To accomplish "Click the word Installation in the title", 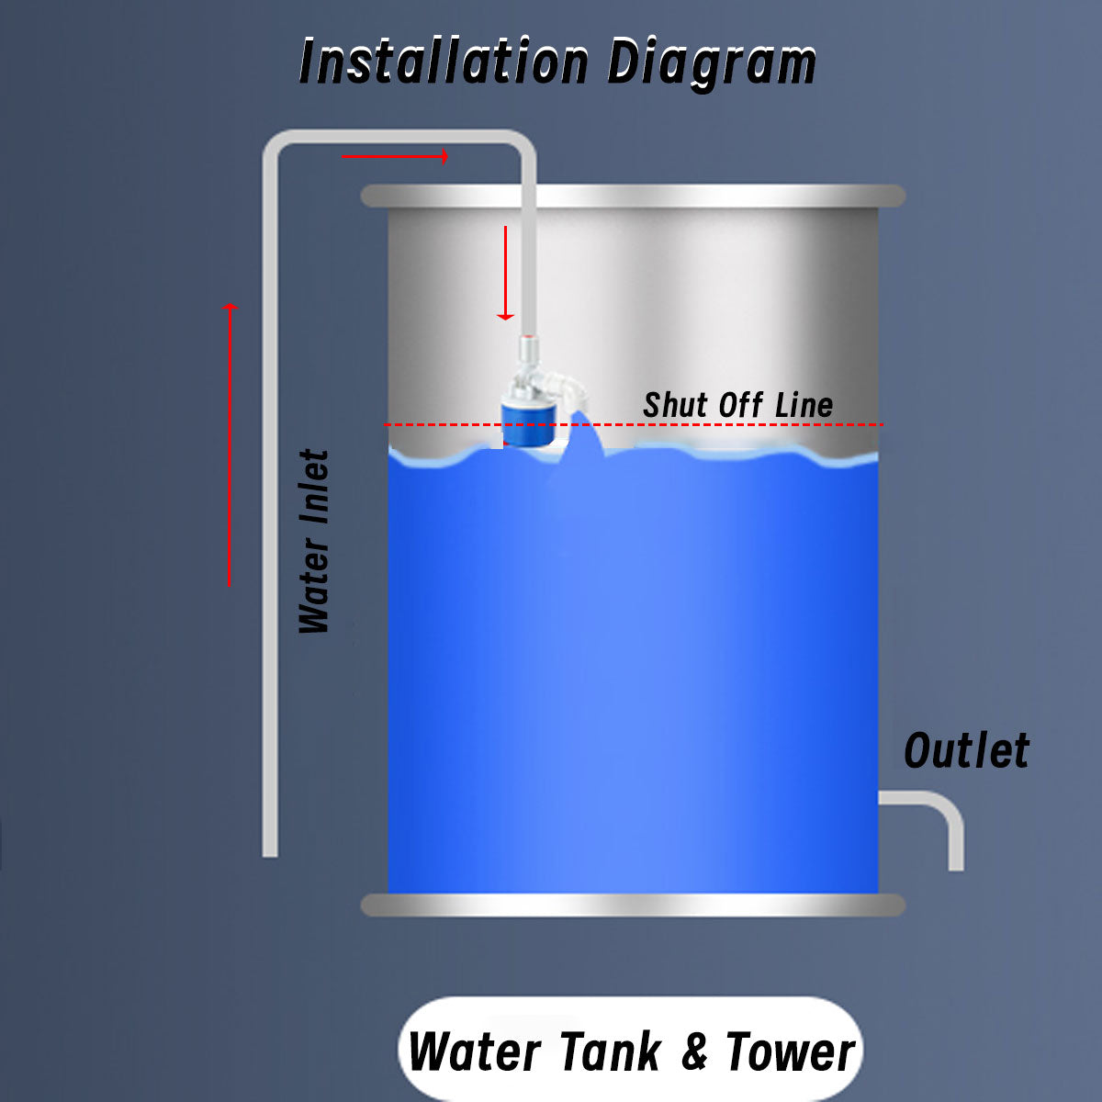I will coord(444,62).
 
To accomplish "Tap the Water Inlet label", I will coord(314,542).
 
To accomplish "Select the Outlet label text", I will coord(966,751).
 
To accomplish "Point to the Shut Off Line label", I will coord(737,405).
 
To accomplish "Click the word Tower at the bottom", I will coord(790,1051).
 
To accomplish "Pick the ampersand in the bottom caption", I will coord(695,1052).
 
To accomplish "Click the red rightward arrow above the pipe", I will coord(395,157).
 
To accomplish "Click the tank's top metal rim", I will coord(633,196).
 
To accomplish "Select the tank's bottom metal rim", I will coord(633,905).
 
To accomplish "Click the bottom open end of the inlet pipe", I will coord(270,851).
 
